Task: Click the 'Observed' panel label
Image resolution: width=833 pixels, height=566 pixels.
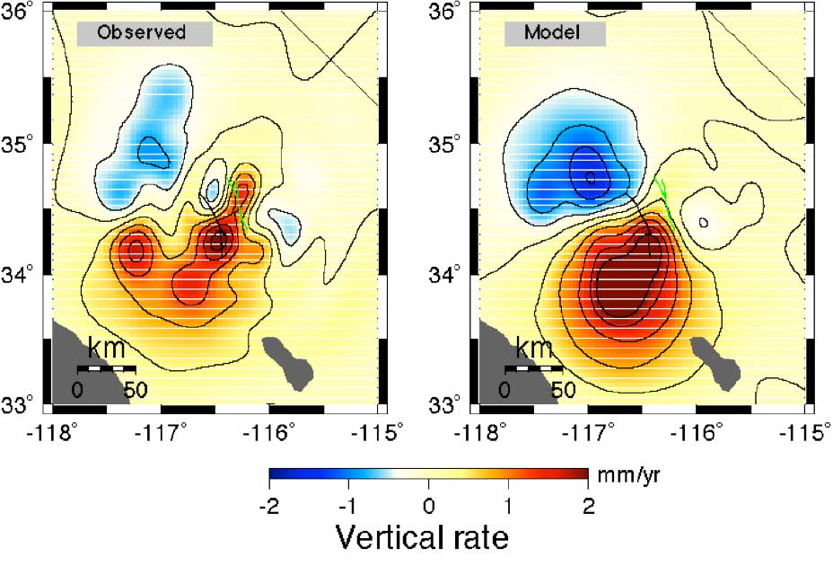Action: tap(143, 33)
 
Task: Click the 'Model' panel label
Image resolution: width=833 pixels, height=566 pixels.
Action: tap(554, 33)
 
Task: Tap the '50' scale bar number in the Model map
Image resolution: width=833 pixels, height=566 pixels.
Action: tap(563, 390)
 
